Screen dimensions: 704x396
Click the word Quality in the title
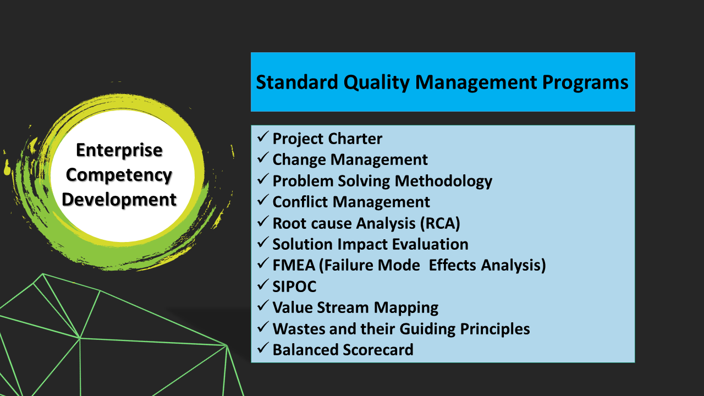point(377,82)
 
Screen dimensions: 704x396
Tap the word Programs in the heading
point(585,82)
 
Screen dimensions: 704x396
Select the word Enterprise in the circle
point(119,150)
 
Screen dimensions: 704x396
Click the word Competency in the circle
point(119,175)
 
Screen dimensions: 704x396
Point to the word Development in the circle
point(119,200)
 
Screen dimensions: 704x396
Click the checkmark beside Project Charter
point(262,137)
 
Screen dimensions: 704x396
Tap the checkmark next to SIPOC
point(262,284)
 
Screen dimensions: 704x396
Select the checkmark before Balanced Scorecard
point(262,348)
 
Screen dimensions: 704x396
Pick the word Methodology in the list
point(443,182)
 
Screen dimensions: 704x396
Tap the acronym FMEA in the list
point(294,265)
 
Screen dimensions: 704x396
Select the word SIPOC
point(294,287)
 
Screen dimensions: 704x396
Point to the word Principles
point(495,329)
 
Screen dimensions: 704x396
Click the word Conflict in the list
point(300,202)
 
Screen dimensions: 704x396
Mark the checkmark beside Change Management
point(262,158)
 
